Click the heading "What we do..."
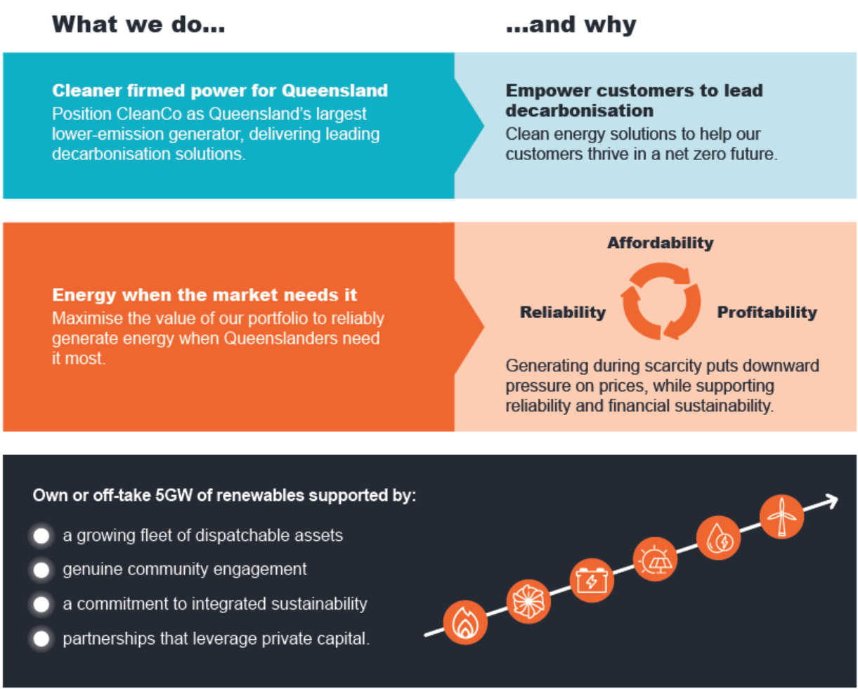138,25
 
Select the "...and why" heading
571,25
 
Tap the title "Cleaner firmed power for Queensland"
220,91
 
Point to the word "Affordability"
660,243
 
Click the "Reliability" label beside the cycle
562,313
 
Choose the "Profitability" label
767,313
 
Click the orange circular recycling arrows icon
661,301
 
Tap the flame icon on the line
465,622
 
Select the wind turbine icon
781,516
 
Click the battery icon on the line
592,580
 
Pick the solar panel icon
655,559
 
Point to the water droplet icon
718,538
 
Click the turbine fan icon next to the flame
528,601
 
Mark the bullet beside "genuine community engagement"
41,570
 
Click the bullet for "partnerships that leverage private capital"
41,638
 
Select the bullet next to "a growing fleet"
41,536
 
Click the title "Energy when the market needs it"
204,295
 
